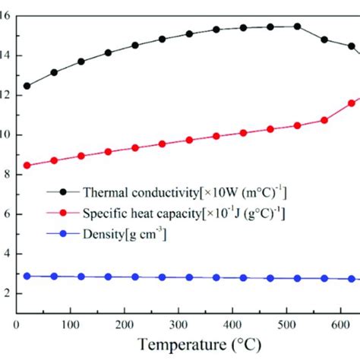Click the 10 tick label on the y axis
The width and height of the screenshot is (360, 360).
click(7, 135)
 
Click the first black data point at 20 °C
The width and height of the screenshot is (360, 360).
click(27, 86)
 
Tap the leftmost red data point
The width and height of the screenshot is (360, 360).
click(27, 165)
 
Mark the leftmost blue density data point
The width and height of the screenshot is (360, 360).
click(27, 276)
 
